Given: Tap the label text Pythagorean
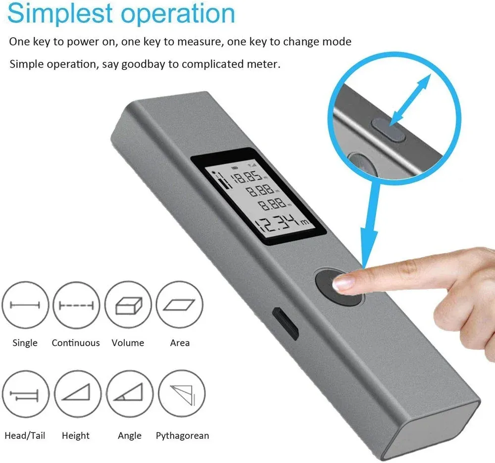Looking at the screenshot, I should (x=182, y=436).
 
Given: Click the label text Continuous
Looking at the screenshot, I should (x=76, y=343).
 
